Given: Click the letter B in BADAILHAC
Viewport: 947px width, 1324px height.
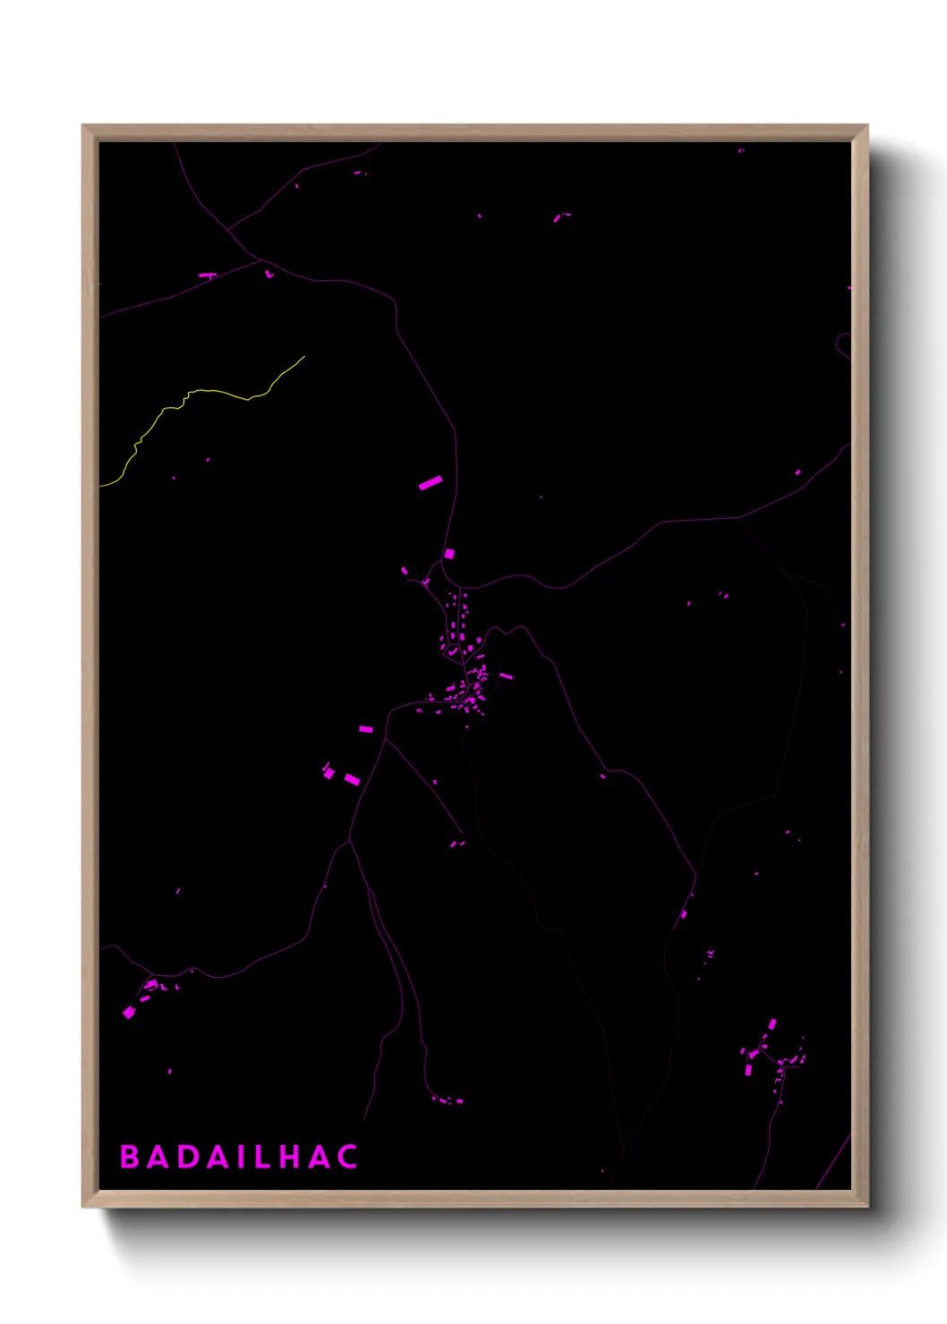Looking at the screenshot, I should [130, 1157].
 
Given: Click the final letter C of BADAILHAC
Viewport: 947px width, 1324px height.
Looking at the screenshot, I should [347, 1157].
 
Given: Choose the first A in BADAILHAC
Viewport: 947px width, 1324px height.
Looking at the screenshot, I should [158, 1157].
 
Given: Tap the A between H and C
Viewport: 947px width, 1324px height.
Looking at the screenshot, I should [319, 1157].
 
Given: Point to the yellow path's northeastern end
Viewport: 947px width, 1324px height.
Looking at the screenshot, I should [303, 357].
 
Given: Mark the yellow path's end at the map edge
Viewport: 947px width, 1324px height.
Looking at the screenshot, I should [101, 486].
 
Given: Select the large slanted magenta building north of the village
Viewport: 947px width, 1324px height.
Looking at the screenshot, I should [431, 483].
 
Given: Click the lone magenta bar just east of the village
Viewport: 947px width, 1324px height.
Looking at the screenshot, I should [506, 676].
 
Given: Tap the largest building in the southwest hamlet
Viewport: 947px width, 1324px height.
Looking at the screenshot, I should [129, 1012].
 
